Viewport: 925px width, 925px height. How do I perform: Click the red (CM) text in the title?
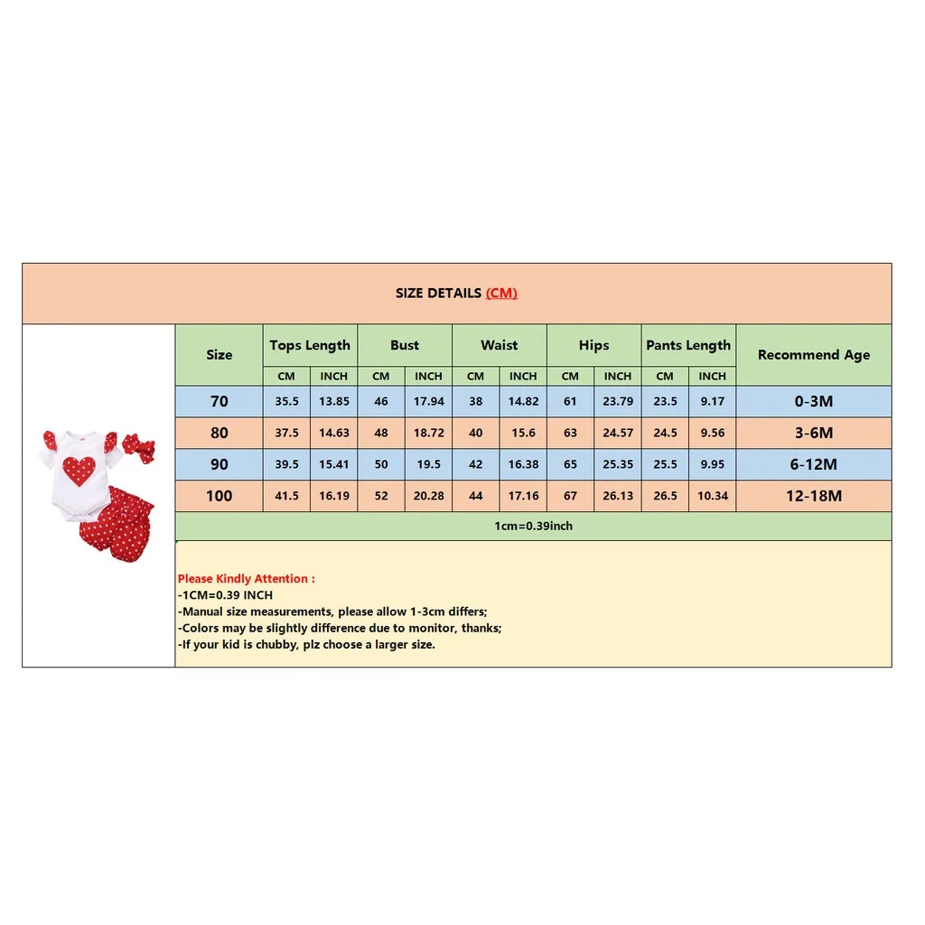[501, 293]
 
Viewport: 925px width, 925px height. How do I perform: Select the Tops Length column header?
[310, 345]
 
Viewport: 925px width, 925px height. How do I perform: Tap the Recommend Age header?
[813, 355]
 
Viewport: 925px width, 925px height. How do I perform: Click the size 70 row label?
[219, 401]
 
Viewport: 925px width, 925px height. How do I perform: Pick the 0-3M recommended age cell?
[813, 401]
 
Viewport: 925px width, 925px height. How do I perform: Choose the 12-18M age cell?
[813, 496]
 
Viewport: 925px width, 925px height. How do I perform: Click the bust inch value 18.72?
[428, 433]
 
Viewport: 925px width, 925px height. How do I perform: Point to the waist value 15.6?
[523, 433]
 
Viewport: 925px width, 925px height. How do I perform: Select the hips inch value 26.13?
[618, 496]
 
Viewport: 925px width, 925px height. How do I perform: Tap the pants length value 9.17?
[712, 401]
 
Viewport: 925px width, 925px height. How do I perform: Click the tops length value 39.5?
[286, 464]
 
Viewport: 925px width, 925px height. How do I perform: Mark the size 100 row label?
[219, 496]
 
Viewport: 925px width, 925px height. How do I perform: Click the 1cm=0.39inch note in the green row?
[533, 526]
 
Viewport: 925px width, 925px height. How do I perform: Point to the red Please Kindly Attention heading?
[246, 578]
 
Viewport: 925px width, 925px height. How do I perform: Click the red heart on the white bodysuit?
[79, 471]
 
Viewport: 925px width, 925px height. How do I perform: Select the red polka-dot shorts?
[117, 525]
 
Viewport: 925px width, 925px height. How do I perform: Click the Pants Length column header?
[688, 345]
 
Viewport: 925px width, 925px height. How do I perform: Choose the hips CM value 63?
[570, 433]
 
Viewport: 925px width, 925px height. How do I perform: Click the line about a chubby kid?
[306, 644]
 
